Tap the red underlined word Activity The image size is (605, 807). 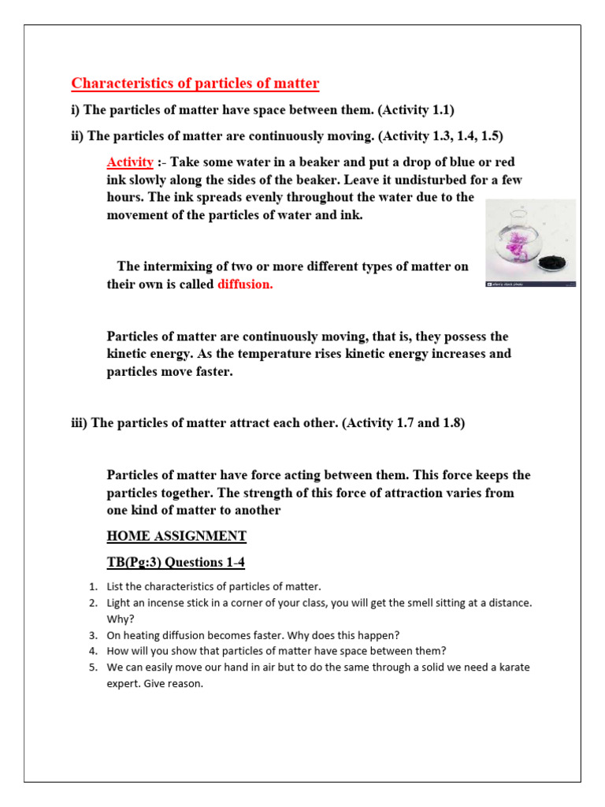pyautogui.click(x=130, y=162)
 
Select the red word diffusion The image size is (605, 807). pyautogui.click(x=245, y=284)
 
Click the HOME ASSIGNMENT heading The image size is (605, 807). pyautogui.click(x=176, y=536)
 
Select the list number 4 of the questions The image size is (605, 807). pyautogui.click(x=92, y=651)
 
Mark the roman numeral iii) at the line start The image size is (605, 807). pyautogui.click(x=80, y=422)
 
